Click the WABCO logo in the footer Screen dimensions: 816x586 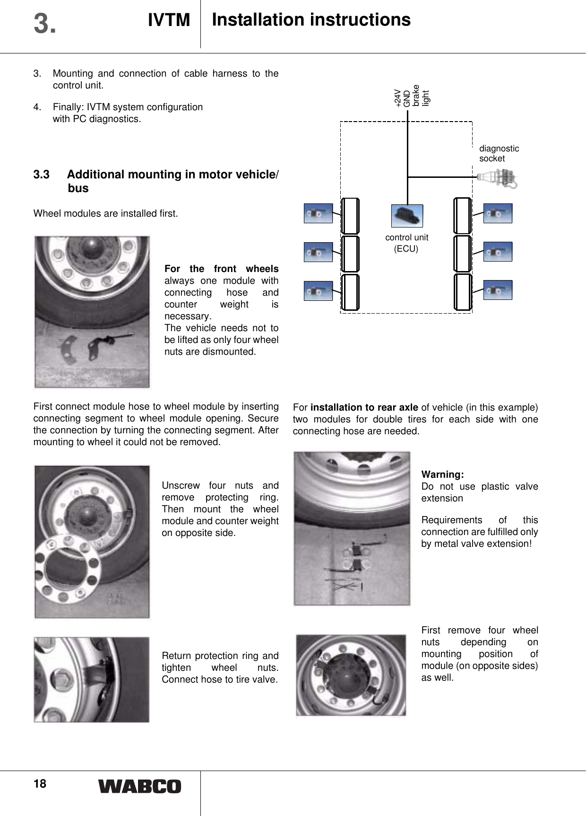pyautogui.click(x=139, y=786)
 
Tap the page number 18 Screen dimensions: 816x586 pyautogui.click(x=40, y=784)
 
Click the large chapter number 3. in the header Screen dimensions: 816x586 pyautogui.click(x=45, y=24)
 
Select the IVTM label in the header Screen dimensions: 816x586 pyautogui.click(x=169, y=20)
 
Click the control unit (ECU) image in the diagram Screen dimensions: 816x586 pyautogui.click(x=407, y=216)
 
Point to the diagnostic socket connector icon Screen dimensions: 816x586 pyautogui.click(x=498, y=178)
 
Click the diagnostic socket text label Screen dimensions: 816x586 pyautogui.click(x=499, y=153)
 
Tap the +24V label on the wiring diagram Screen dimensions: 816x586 pyautogui.click(x=398, y=98)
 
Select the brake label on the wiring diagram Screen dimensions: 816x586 pyautogui.click(x=416, y=96)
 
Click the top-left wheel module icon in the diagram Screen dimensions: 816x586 pyautogui.click(x=318, y=213)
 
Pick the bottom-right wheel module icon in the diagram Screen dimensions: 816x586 pyautogui.click(x=498, y=290)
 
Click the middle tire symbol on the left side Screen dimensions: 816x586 pyautogui.click(x=350, y=254)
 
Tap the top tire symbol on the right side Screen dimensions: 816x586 pyautogui.click(x=462, y=216)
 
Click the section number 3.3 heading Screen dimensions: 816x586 pyautogui.click(x=42, y=175)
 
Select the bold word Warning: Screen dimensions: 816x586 pyautogui.click(x=442, y=474)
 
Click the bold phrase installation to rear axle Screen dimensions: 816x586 pyautogui.click(x=364, y=407)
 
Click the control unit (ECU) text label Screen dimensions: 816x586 pyautogui.click(x=406, y=243)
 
